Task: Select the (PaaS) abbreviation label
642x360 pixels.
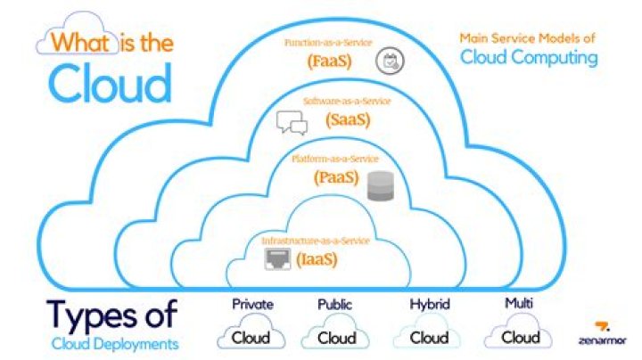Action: pos(334,178)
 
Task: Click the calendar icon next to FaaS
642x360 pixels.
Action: pos(388,61)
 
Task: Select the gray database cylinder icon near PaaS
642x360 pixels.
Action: pos(379,185)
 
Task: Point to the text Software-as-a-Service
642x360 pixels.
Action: pos(346,102)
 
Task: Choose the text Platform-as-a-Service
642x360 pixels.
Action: pos(334,159)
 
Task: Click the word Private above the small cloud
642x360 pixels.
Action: pos(252,305)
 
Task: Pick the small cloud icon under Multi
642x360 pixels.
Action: pos(521,336)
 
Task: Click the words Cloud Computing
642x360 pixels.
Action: pos(529,58)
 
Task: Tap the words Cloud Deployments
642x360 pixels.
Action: pos(114,343)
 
